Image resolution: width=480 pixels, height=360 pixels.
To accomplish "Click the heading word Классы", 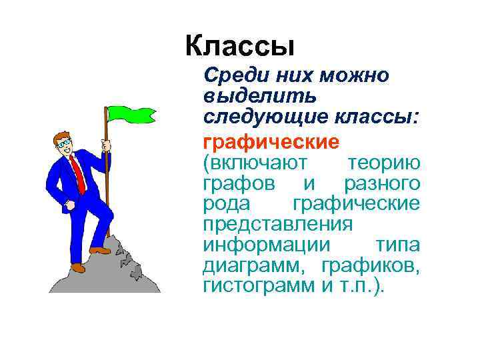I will pyautogui.click(x=239, y=46).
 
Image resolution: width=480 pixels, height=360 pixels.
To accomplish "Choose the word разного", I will pyautogui.click(x=382, y=183).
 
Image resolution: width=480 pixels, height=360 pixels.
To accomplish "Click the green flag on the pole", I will pyautogui.click(x=130, y=113).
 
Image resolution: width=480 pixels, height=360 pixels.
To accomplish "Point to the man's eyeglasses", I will pyautogui.click(x=63, y=143).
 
